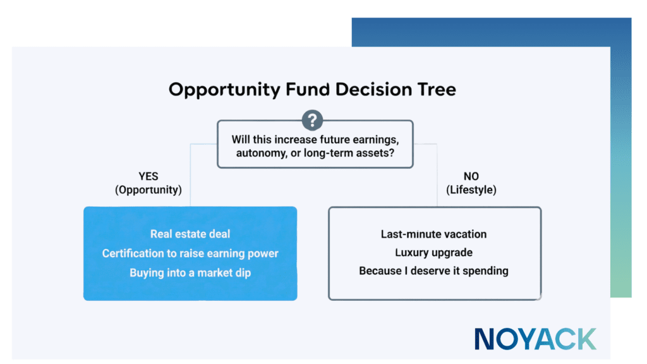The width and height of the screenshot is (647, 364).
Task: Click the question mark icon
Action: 312,120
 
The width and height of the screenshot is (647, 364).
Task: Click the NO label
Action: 471,176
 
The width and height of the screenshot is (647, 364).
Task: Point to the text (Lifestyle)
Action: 471,189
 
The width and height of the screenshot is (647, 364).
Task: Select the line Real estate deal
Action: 190,234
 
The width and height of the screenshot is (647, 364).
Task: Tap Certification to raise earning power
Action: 190,253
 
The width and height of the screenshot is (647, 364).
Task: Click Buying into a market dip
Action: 190,273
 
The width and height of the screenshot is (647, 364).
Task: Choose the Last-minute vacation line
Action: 433,234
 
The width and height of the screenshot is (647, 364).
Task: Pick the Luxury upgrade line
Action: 433,252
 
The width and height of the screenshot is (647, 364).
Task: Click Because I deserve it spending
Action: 433,270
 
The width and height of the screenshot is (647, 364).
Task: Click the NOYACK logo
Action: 535,339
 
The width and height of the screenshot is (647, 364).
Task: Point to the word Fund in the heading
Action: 301,89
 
